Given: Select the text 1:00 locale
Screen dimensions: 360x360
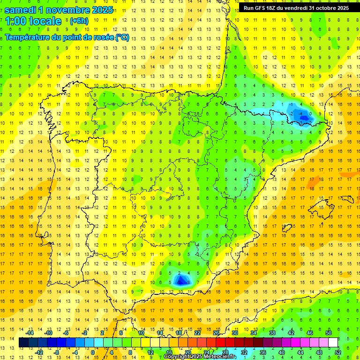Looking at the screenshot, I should pyautogui.click(x=33, y=21).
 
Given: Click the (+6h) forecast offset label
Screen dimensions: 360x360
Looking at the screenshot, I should pyautogui.click(x=79, y=21).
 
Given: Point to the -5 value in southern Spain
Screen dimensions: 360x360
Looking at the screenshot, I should pyautogui.click(x=180, y=282).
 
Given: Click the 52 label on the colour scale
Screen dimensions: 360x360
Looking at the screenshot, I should pyautogui.click(x=338, y=352).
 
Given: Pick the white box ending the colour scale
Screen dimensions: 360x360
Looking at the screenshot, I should pyautogui.click(x=333, y=343).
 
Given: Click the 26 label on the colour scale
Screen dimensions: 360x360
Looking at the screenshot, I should pyautogui.click(x=216, y=333).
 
